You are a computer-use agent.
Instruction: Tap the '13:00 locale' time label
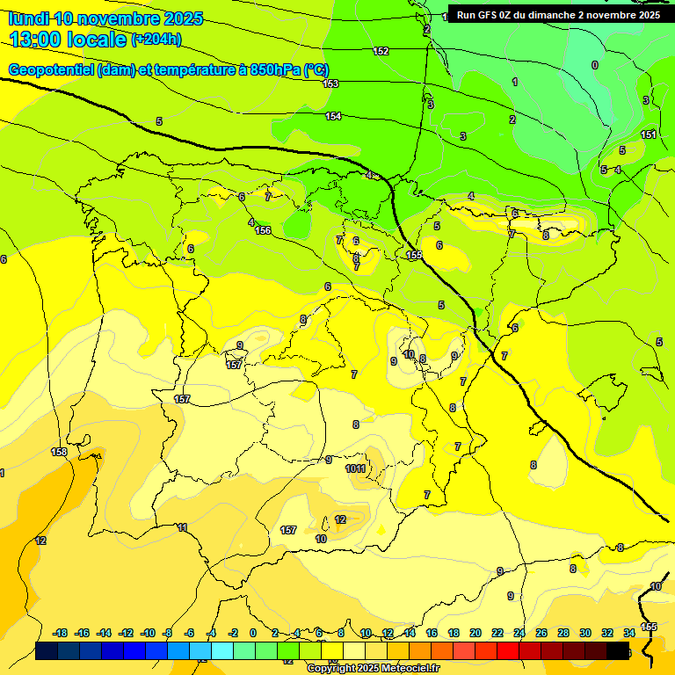coord(69,40)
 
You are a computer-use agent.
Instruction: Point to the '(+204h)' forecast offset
coord(156,40)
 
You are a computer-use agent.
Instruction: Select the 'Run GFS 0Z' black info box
coord(558,15)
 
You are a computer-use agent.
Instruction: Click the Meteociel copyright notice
coord(373,668)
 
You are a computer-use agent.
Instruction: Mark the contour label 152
coord(381,51)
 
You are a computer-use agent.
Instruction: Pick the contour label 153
coord(330,83)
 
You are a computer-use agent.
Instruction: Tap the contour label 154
coord(333,116)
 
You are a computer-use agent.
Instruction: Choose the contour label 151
coord(649,134)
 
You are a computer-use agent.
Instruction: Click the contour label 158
coord(59,452)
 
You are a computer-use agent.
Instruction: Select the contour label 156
coord(263,230)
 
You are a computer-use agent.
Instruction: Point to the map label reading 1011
coord(356,468)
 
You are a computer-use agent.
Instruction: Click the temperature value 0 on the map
coord(595,65)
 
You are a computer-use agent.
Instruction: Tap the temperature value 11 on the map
coord(182,527)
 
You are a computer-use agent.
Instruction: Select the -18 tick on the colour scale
coord(61,633)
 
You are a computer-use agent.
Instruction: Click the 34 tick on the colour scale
coord(629,633)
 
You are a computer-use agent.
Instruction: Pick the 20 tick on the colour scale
coord(475,633)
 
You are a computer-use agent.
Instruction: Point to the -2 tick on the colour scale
coord(233,633)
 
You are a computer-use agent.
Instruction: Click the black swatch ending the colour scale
coord(619,650)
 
